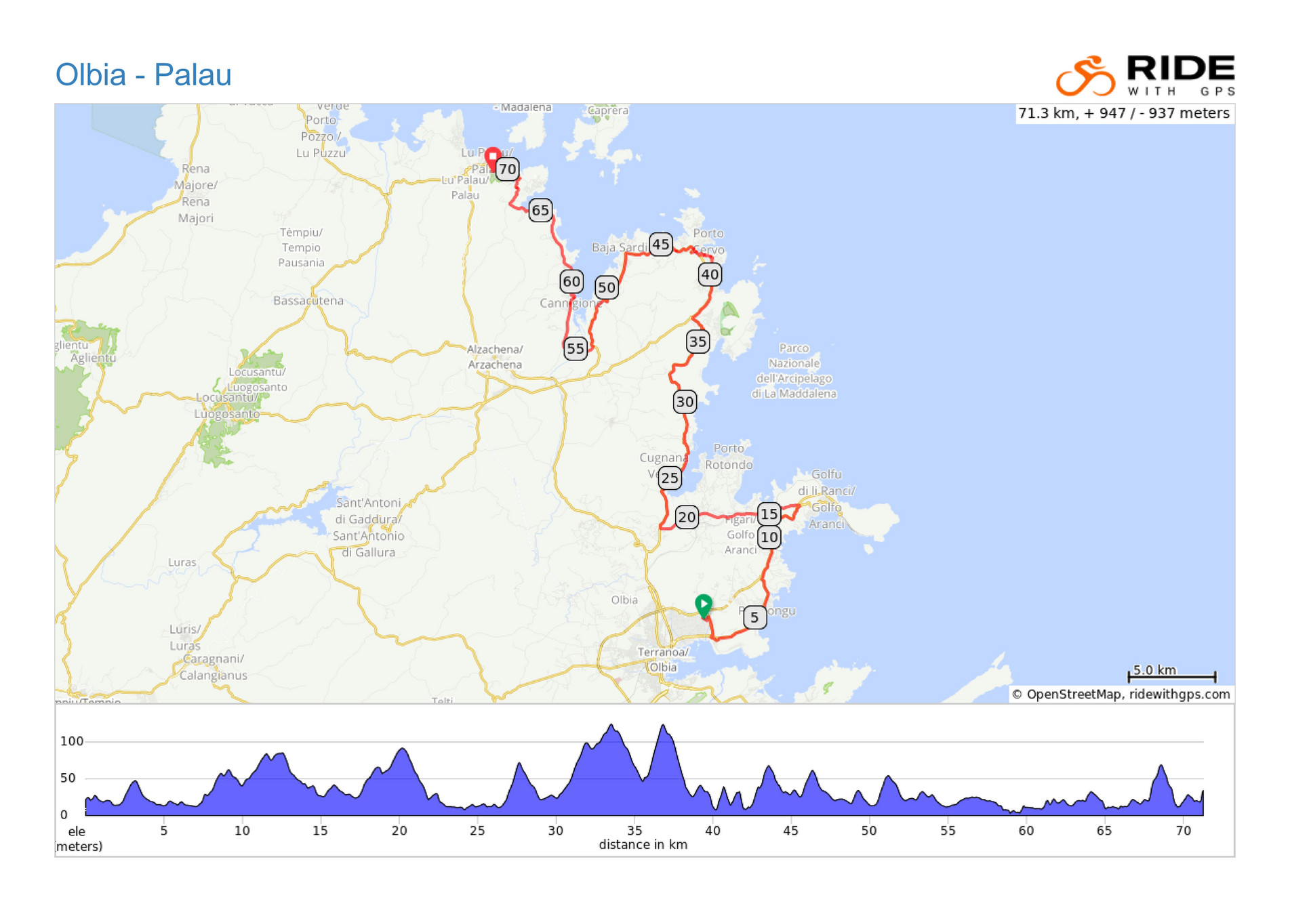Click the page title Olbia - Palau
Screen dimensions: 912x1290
point(143,75)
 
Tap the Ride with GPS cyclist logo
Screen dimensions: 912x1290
point(1085,76)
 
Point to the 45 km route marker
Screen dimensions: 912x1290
point(660,244)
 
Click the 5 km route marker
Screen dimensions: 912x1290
point(754,617)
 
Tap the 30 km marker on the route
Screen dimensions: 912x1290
point(685,402)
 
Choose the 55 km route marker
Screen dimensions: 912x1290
point(576,348)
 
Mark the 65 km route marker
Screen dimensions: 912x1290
point(540,210)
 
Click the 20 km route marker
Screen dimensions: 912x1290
point(687,517)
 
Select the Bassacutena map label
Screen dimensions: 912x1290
point(308,300)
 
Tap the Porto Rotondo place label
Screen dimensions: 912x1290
point(729,456)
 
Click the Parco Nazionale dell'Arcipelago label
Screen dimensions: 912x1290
point(794,371)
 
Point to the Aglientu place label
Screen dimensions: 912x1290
point(93,358)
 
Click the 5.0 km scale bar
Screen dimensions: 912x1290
point(1171,675)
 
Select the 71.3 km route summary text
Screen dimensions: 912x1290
point(1123,113)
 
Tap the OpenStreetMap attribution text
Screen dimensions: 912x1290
point(1120,694)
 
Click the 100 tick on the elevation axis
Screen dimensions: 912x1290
point(72,741)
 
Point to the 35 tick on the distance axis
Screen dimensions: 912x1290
point(634,831)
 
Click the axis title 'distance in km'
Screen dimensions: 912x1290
point(643,844)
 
